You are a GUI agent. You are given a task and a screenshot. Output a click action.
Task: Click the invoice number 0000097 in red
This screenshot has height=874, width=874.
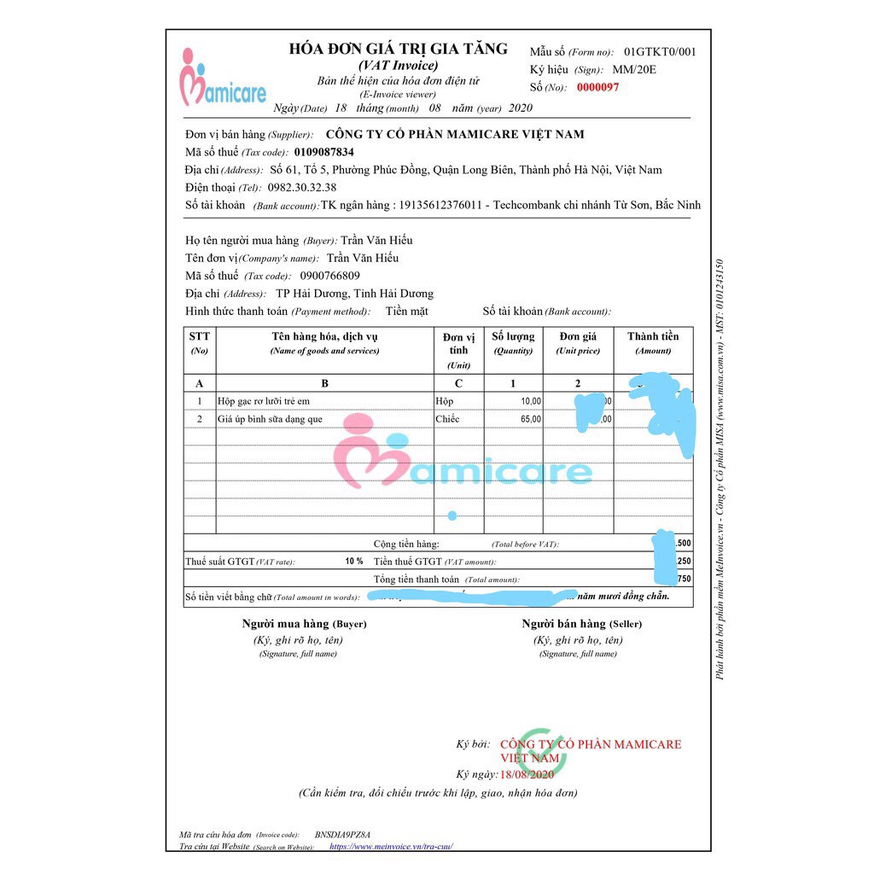coord(597,87)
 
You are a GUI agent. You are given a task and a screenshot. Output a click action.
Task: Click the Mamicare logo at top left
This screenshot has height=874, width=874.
coord(223,79)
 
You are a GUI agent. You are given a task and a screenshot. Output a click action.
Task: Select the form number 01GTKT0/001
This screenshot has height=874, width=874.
coord(660,51)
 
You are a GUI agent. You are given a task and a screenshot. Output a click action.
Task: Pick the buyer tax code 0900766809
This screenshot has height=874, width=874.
coord(330,276)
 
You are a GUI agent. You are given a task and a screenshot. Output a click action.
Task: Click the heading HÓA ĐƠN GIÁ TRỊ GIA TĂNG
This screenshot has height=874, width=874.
coord(398,49)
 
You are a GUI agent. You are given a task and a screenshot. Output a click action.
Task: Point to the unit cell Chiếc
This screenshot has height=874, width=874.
coord(447,419)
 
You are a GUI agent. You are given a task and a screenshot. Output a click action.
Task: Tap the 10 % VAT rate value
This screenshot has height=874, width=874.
coord(353,562)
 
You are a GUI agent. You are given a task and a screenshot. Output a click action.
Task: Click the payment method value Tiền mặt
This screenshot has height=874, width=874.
coord(406,312)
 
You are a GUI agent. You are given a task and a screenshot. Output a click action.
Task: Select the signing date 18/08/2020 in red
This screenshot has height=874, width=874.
coord(527,774)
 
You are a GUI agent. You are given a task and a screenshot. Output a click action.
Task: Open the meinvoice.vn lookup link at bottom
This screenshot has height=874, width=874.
coord(390,847)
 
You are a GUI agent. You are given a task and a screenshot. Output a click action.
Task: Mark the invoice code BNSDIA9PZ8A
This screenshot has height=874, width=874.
coord(342,834)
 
